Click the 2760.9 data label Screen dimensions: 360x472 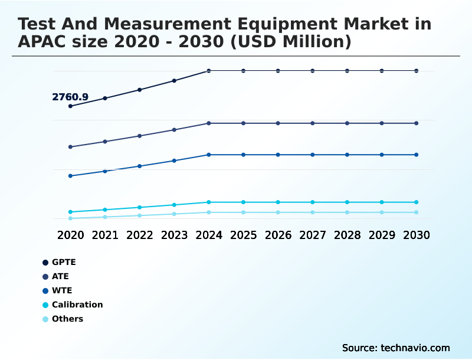pyautogui.click(x=70, y=97)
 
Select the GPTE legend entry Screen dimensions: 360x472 pyautogui.click(x=64, y=262)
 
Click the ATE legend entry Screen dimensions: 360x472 pyautogui.click(x=60, y=276)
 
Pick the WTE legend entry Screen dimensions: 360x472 pyautogui.click(x=62, y=290)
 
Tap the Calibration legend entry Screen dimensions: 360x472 pyautogui.click(x=77, y=305)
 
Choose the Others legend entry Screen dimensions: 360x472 pyautogui.click(x=67, y=319)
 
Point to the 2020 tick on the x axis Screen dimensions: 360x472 pyautogui.click(x=70, y=235)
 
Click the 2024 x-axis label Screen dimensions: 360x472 pyautogui.click(x=209, y=235)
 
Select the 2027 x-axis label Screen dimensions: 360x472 pyautogui.click(x=313, y=235)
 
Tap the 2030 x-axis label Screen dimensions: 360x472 pyautogui.click(x=417, y=235)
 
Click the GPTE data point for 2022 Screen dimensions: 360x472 pyautogui.click(x=140, y=90)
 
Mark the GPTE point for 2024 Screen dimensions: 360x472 pyautogui.click(x=209, y=71)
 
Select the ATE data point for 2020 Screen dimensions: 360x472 pyautogui.click(x=70, y=147)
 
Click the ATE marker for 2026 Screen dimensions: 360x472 pyautogui.click(x=278, y=123)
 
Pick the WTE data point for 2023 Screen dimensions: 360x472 pyautogui.click(x=174, y=161)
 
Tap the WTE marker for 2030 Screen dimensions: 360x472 pyautogui.click(x=417, y=155)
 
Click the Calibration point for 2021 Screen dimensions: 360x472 pyautogui.click(x=105, y=210)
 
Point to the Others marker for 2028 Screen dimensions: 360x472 pyautogui.click(x=347, y=212)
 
